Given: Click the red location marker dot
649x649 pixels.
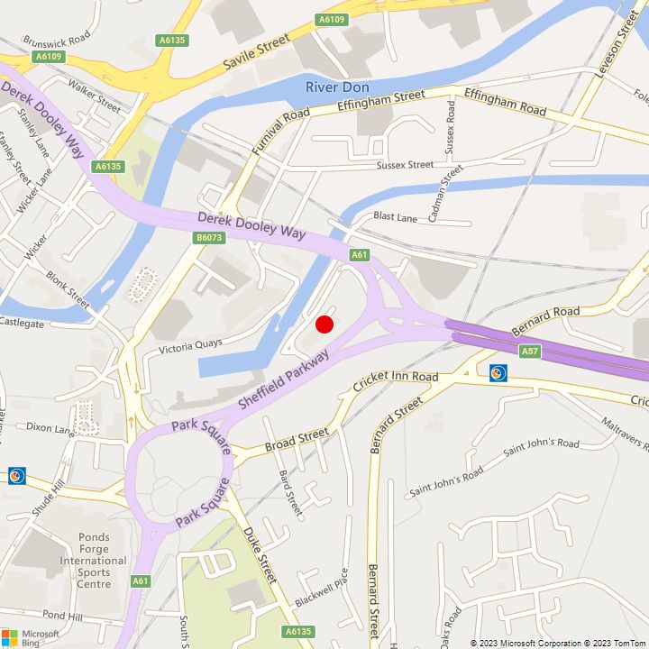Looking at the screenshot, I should coord(325,324).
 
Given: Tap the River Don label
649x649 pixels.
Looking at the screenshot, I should coord(338,87).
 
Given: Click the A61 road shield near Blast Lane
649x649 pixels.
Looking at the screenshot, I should coord(360,255).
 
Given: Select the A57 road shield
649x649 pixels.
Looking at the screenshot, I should coord(529,349).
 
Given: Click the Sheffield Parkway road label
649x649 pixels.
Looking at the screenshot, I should coord(283,379).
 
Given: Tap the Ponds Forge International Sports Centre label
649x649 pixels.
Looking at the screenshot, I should coord(93,561).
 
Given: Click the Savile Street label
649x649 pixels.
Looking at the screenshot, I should coord(256,53).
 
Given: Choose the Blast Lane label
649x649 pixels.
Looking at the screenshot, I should coord(395,217).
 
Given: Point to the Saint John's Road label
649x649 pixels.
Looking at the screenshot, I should coord(541,443).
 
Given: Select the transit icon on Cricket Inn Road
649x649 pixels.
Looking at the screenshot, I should coord(498,372).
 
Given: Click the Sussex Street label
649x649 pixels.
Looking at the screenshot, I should coord(405,165).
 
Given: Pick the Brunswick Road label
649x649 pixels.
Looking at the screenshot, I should coord(56,41).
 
